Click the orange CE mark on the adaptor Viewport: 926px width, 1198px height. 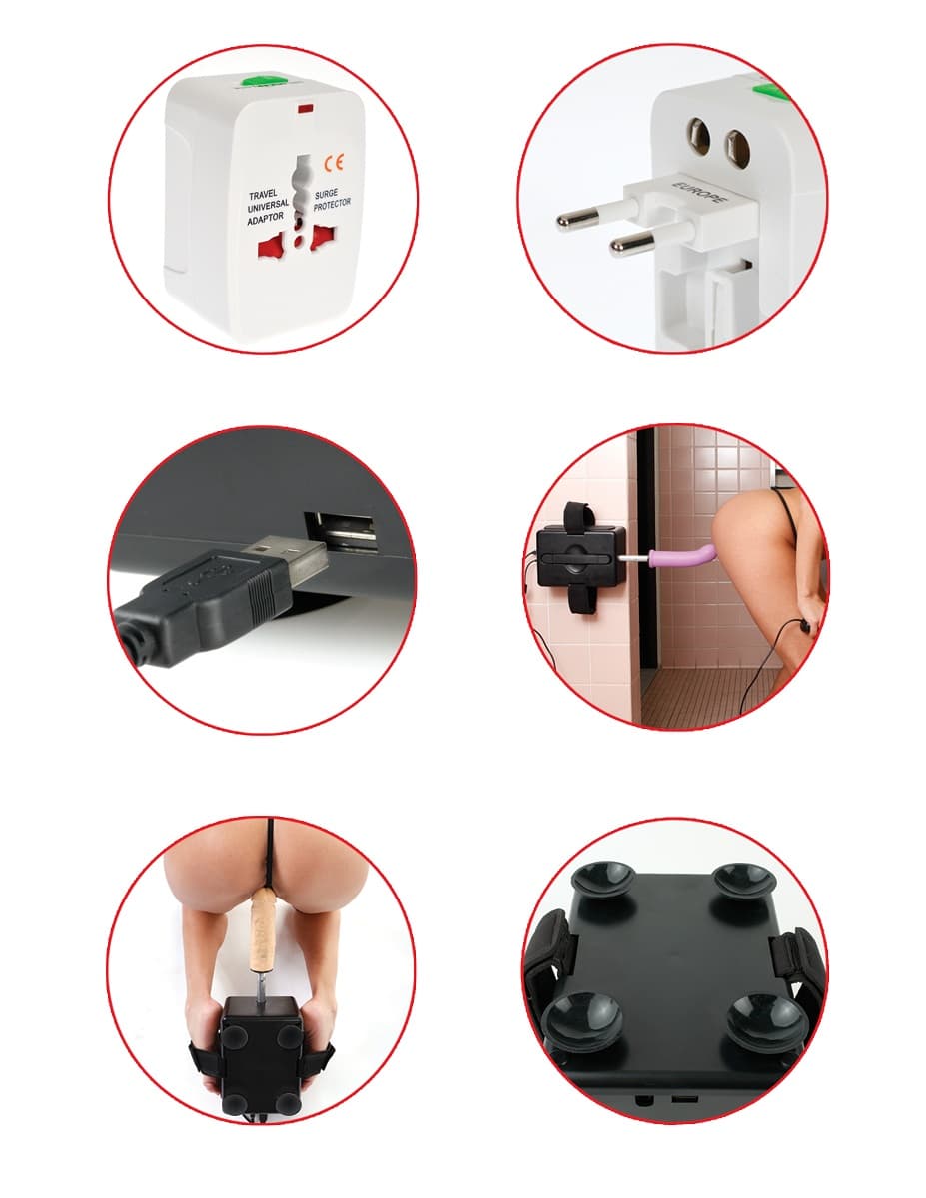(334, 162)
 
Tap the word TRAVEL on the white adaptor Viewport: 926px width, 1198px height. (263, 195)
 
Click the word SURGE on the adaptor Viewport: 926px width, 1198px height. (326, 194)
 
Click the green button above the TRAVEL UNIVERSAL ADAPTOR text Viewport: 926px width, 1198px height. (264, 82)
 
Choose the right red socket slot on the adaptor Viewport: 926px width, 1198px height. (324, 238)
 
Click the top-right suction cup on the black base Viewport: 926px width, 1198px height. (740, 878)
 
